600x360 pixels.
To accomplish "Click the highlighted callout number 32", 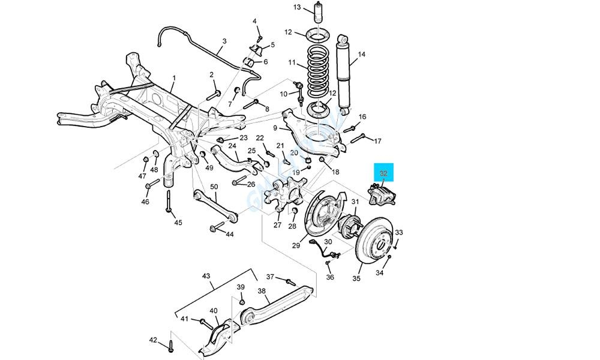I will coord(384,174).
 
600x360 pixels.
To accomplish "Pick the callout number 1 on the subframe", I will coord(174,78).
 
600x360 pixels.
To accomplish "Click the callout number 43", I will coord(206,276).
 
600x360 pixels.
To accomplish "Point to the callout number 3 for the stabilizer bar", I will coord(224,41).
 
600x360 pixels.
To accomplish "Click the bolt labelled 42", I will coord(169,344).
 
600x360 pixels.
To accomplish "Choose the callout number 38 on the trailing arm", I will coord(262,291).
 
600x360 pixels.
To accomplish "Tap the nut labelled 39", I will coord(242,300).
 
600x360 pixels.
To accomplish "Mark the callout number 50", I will coord(214,187).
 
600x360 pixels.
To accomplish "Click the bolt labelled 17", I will coord(358,139).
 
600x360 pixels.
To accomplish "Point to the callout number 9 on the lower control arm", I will coord(275,128).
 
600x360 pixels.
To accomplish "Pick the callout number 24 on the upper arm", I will coord(232,145).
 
